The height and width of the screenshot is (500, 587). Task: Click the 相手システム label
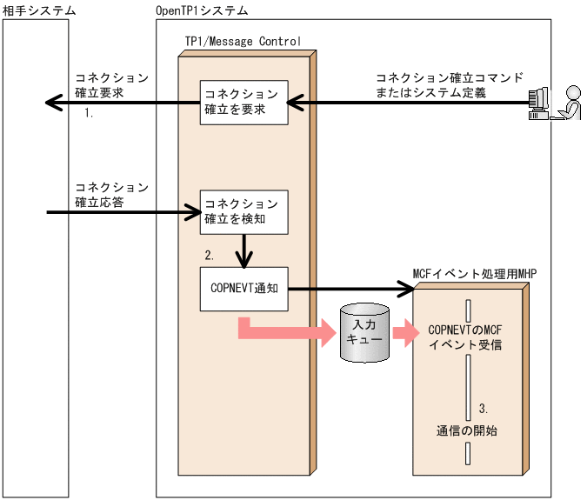[39, 10]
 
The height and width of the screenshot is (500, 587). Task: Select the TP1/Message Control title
[243, 41]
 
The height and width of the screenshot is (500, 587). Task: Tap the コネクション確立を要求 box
[241, 103]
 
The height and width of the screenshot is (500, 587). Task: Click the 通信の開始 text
[467, 430]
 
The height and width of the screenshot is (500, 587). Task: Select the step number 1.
[89, 114]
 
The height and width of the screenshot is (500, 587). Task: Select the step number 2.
[209, 256]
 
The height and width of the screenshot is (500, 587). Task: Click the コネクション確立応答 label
[111, 195]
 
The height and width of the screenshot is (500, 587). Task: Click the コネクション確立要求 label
[111, 84]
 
